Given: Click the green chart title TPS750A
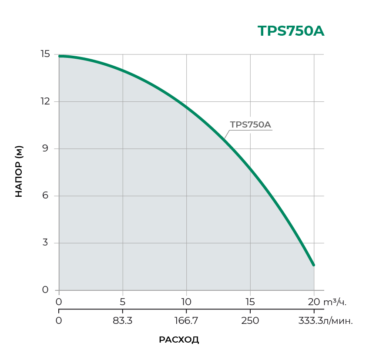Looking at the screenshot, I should tap(291, 31).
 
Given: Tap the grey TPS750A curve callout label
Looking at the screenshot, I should tap(250, 124).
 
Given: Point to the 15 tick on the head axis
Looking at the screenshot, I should tap(45, 54).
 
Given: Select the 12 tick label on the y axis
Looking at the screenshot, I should tap(45, 101).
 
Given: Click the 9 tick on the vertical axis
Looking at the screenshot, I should tap(45, 148).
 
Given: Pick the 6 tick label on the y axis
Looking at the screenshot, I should tap(45, 196).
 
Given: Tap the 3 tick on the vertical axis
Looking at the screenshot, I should tap(45, 243).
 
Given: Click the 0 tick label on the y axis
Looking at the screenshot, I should tap(45, 290).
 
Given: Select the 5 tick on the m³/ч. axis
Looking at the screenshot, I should tap(123, 302).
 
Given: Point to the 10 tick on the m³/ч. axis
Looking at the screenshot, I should tap(186, 302).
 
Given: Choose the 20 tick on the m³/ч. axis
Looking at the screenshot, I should tap(314, 302).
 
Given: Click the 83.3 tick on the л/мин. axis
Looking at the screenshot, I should tap(123, 321).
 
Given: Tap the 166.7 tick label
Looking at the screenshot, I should tap(186, 321).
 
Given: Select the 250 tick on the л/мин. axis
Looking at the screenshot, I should tap(250, 321).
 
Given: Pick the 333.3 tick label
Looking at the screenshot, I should tap(310, 321).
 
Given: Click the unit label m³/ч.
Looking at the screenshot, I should tap(336, 302).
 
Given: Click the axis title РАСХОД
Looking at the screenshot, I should tap(179, 340).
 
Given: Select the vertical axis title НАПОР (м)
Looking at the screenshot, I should tap(19, 171).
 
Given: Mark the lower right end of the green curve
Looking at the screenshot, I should tap(313, 265).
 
